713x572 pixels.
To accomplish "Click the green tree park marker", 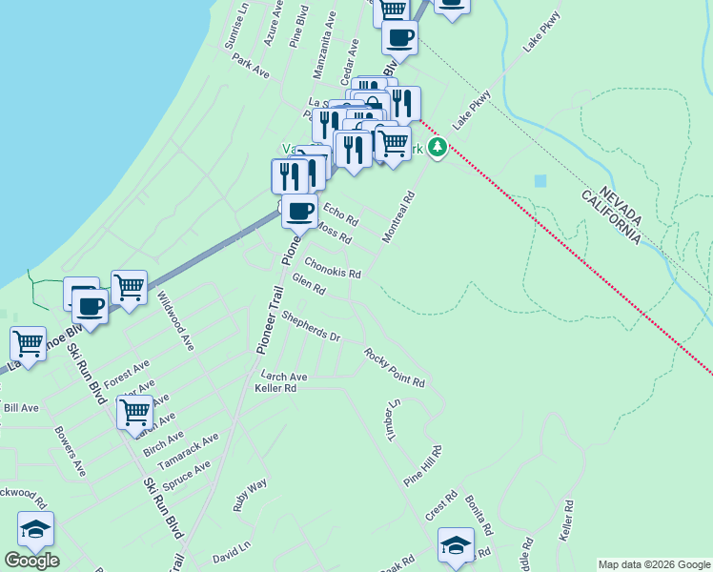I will [x=438, y=147].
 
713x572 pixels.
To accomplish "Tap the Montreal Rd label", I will [x=399, y=217].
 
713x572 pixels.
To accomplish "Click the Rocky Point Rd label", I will [x=394, y=367].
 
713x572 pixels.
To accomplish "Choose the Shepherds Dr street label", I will [x=311, y=330].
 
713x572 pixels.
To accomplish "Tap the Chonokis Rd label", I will [x=333, y=267].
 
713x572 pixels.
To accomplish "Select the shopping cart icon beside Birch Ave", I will [x=134, y=413].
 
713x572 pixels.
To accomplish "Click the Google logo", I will [x=31, y=560].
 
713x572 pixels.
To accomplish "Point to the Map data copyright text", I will [x=654, y=564].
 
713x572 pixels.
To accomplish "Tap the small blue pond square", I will [x=541, y=180].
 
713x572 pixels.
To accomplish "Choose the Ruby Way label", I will [x=251, y=496].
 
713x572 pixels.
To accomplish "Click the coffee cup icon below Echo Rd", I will [x=299, y=211].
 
